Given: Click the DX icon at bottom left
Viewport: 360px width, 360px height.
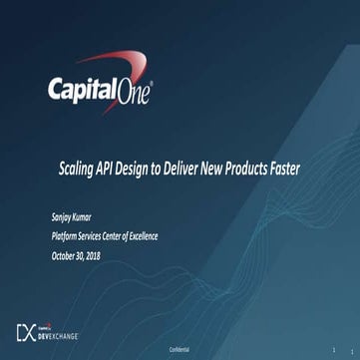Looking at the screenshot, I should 27,331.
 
